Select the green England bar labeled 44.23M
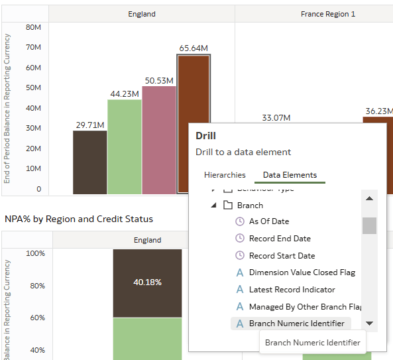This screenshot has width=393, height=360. click(x=125, y=147)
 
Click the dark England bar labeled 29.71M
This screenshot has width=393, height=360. click(x=90, y=162)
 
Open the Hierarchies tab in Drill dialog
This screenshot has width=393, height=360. click(x=225, y=175)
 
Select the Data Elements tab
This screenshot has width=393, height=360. click(x=290, y=175)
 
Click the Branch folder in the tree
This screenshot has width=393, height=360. click(x=250, y=205)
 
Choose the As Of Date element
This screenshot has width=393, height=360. click(x=268, y=221)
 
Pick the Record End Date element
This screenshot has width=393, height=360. click(x=279, y=239)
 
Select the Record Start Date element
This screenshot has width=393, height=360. click(x=282, y=256)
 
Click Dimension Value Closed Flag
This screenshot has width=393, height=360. click(x=302, y=272)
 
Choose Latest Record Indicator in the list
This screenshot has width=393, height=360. click(x=292, y=290)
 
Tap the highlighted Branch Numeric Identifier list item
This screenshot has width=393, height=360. click(x=296, y=324)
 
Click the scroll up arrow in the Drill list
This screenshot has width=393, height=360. click(x=369, y=198)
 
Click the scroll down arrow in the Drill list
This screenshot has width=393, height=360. click(x=369, y=324)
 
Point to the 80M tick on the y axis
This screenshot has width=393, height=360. click(x=33, y=27)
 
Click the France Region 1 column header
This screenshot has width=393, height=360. click(x=327, y=14)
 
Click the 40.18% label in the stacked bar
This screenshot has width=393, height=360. click(x=147, y=282)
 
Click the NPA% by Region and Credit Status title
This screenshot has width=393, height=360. click(x=79, y=219)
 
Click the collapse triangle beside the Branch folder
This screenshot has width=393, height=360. click(x=213, y=205)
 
